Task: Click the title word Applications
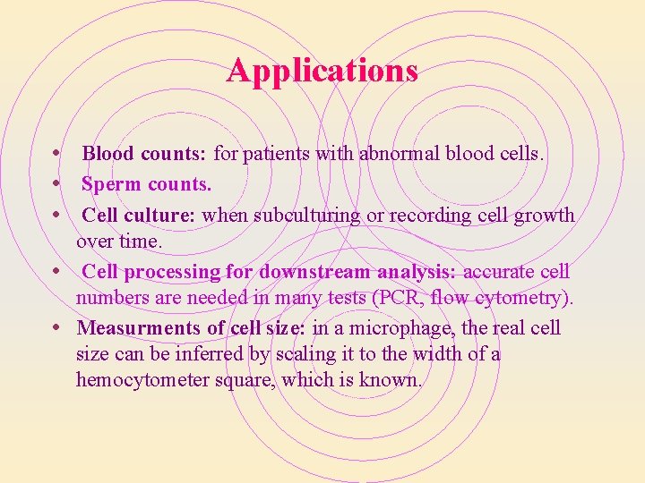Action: (x=322, y=70)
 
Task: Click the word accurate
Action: (x=501, y=271)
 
